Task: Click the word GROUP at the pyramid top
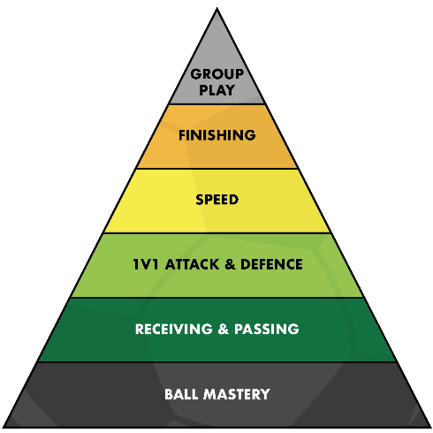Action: (217, 74)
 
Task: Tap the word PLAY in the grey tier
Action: (217, 90)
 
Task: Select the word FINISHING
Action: (217, 135)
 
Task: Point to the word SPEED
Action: (217, 200)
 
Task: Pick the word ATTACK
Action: (193, 264)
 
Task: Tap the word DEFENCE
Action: (271, 264)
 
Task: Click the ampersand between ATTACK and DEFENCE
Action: (230, 264)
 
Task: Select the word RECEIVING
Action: (174, 329)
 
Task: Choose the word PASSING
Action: (267, 329)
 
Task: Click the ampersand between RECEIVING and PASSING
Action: (224, 329)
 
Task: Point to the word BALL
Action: (181, 394)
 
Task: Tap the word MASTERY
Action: (237, 394)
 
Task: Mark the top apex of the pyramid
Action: (216, 8)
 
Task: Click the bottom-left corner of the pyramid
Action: (3, 428)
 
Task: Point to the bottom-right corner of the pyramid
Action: (430, 428)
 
